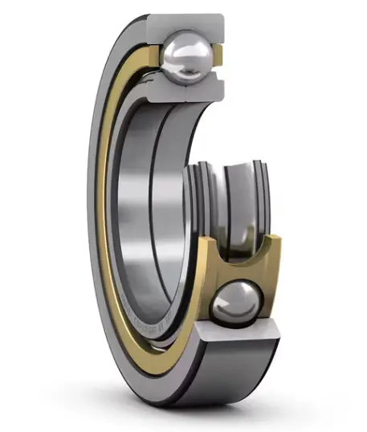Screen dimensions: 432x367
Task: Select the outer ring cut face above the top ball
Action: click(x=193, y=21)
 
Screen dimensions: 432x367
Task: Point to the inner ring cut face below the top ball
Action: click(x=190, y=92)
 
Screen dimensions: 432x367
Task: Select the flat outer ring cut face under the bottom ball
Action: click(x=241, y=333)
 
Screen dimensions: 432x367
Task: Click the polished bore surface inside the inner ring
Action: click(x=141, y=201)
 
